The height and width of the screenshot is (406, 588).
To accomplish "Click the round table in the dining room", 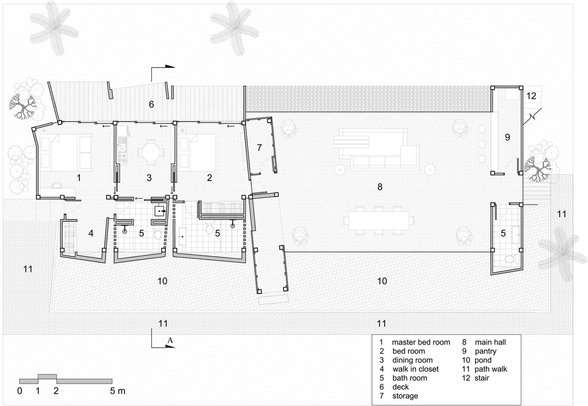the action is pyautogui.click(x=151, y=152).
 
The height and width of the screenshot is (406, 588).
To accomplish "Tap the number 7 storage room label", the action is pyautogui.click(x=260, y=148).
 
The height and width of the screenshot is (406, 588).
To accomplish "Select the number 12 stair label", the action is pyautogui.click(x=531, y=96).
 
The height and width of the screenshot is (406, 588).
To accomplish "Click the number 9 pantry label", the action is pyautogui.click(x=507, y=137).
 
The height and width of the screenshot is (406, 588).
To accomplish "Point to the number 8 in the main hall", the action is pyautogui.click(x=380, y=187).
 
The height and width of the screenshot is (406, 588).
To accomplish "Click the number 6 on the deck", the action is pyautogui.click(x=152, y=104).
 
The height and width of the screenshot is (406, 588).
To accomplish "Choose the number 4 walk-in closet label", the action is pyautogui.click(x=91, y=233).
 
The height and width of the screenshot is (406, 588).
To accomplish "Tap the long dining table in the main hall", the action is pyautogui.click(x=379, y=220).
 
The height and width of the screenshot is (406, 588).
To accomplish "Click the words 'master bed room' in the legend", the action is pyautogui.click(x=421, y=342).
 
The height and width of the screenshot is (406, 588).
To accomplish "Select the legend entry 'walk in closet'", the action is pyautogui.click(x=415, y=369).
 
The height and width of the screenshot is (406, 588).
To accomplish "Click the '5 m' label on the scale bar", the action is pyautogui.click(x=118, y=391).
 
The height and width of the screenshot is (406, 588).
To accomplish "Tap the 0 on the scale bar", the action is pyautogui.click(x=20, y=391).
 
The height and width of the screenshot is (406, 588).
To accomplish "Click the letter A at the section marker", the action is pyautogui.click(x=171, y=340).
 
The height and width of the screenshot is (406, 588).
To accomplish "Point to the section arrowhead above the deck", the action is pyautogui.click(x=170, y=66).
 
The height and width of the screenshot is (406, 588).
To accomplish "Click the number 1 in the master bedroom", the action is pyautogui.click(x=79, y=178).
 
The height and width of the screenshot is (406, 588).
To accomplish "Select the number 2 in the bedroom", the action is pyautogui.click(x=209, y=178).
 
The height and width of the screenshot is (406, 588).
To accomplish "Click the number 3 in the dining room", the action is pyautogui.click(x=149, y=178).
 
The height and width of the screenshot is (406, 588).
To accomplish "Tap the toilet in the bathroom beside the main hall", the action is pyautogui.click(x=509, y=259).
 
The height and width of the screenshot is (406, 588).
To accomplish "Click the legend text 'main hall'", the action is pyautogui.click(x=490, y=342).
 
